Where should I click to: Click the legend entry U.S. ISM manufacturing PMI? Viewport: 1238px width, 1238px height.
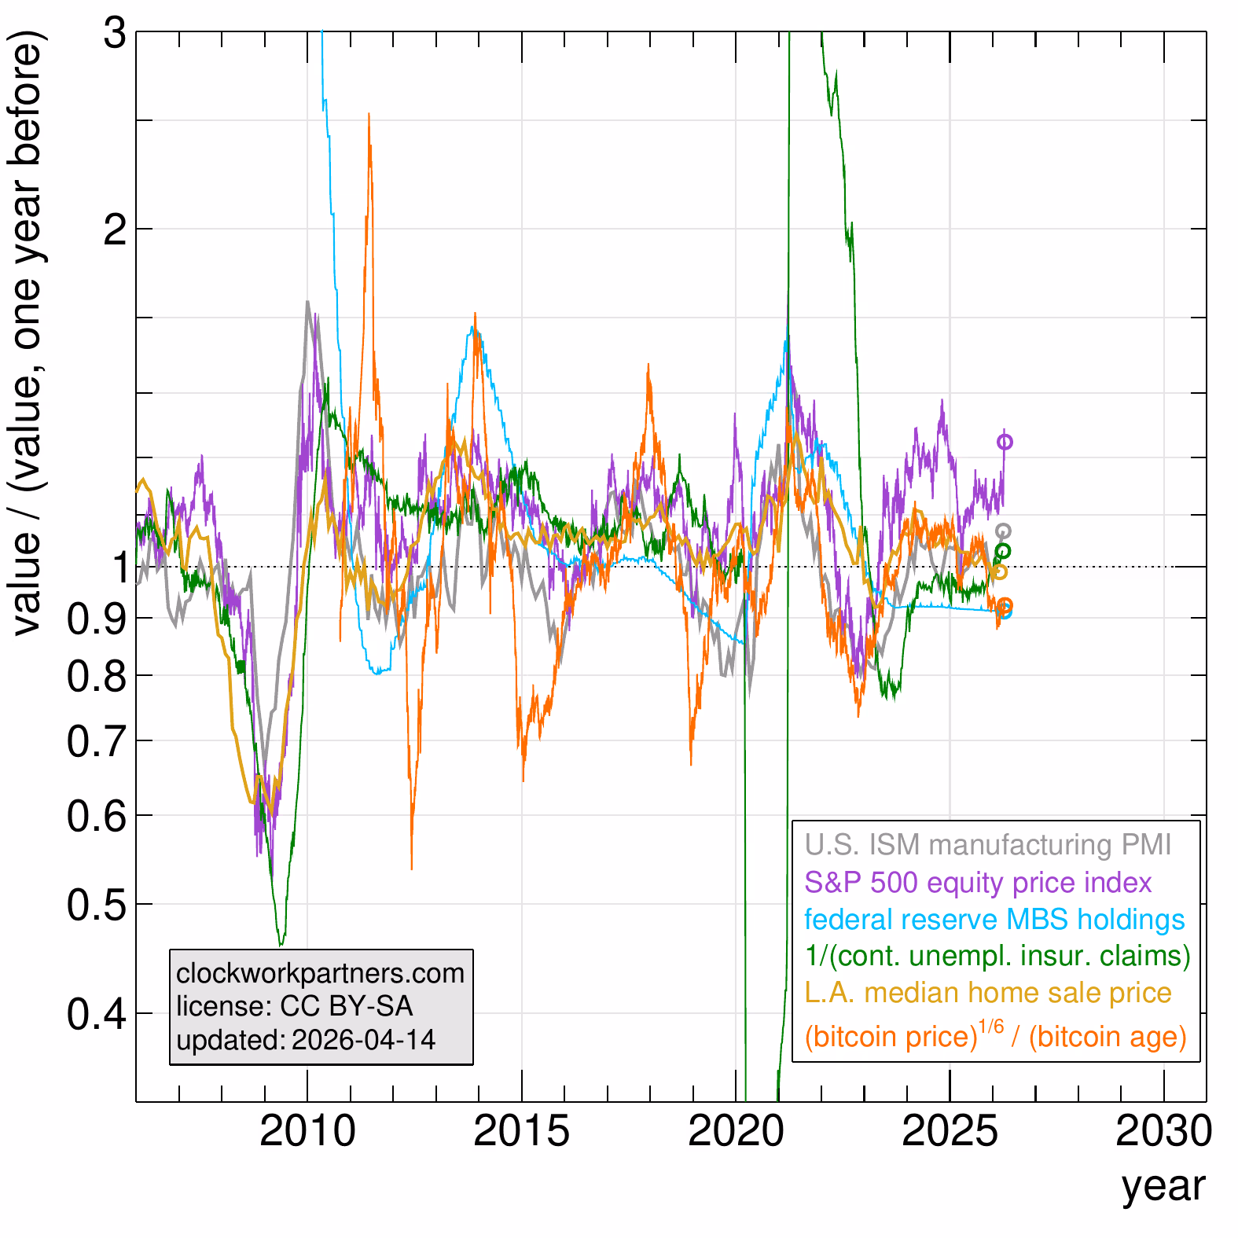pos(987,845)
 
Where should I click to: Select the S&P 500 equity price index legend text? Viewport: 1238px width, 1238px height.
pos(978,883)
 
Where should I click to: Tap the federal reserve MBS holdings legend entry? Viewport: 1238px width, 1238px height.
pos(994,920)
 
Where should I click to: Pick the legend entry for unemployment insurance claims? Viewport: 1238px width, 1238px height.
pos(997,956)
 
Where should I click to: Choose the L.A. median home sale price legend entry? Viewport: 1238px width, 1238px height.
pos(988,993)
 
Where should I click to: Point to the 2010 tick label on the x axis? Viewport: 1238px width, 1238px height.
pos(307,1132)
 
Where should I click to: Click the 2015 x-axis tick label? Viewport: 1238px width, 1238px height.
pos(521,1132)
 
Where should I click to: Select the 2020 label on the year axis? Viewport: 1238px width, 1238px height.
pos(736,1132)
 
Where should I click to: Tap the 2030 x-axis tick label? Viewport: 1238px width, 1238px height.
pos(1164,1132)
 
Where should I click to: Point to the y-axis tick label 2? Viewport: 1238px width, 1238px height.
pos(115,230)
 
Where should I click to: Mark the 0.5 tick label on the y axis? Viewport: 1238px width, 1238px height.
pos(96,905)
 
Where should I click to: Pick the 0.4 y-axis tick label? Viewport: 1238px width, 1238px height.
pos(96,1014)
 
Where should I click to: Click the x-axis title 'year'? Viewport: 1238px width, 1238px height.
pos(1163,1185)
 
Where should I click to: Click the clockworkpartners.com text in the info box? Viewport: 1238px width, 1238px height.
pos(320,973)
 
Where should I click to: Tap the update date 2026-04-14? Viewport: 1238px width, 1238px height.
pos(363,1040)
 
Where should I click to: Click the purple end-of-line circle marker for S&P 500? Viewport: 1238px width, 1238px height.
pos(1005,443)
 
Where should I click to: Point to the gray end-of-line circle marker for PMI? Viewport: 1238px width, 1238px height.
pos(1003,531)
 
